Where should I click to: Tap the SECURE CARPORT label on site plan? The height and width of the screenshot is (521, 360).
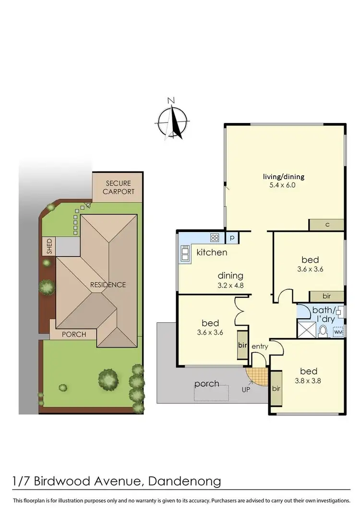tap(118, 187)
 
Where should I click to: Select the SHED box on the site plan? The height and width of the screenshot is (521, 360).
tap(49, 246)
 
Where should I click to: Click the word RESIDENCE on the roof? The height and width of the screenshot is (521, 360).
tap(108, 285)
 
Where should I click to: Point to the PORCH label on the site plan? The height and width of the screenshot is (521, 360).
tap(74, 334)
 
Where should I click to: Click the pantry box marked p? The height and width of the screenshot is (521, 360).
tap(231, 237)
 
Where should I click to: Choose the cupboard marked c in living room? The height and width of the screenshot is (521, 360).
tap(326, 225)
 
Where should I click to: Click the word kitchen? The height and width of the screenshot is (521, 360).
tap(212, 252)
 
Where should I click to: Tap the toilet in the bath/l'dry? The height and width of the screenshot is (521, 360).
tap(323, 331)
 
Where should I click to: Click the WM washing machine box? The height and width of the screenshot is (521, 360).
tap(338, 332)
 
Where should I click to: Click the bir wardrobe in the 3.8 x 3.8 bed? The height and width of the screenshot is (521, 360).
tap(276, 388)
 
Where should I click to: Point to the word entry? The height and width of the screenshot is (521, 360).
tap(259, 346)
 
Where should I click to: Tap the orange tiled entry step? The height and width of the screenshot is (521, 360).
tap(257, 376)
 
